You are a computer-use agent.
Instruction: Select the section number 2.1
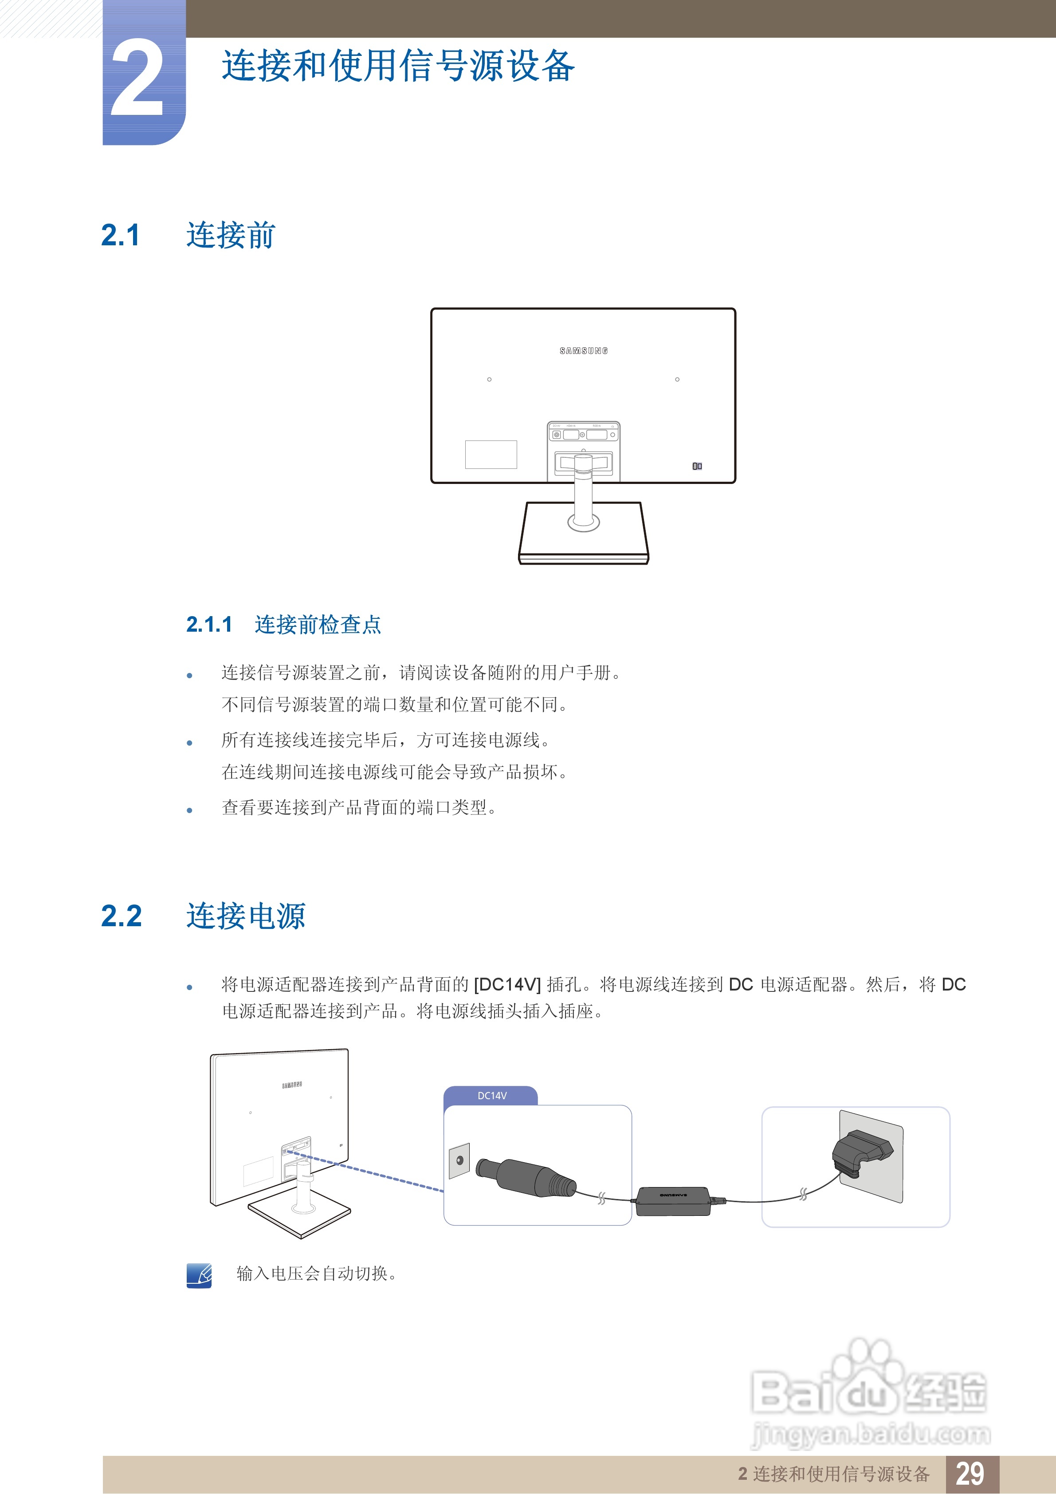point(120,236)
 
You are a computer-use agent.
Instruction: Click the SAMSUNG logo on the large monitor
point(584,351)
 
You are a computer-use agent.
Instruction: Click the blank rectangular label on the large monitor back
point(491,454)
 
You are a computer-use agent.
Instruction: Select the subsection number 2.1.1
point(209,625)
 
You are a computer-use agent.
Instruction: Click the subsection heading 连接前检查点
point(318,625)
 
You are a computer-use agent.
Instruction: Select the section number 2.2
point(122,916)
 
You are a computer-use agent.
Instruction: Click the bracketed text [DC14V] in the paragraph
point(507,984)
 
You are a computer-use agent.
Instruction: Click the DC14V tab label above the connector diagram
point(491,1096)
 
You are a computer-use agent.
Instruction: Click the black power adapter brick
point(673,1200)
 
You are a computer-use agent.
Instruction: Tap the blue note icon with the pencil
point(199,1275)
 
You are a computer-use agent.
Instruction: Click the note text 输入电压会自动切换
point(316,1274)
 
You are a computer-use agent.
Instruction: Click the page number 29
point(970,1474)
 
